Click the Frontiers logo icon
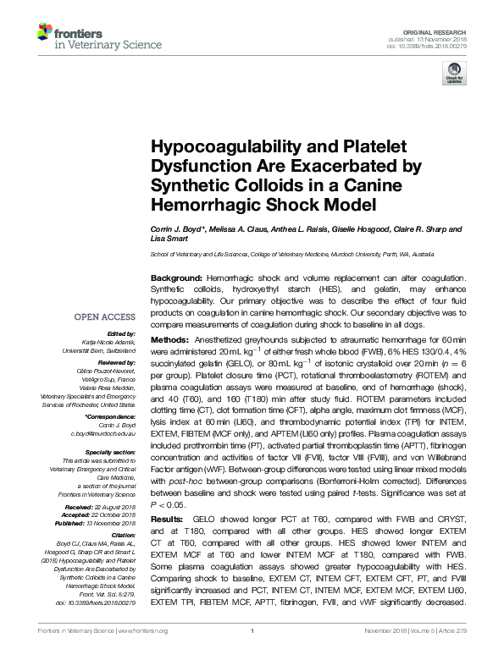(x=45, y=32)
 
